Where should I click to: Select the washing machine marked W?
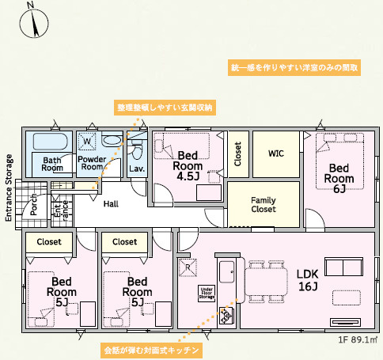coord(87,142)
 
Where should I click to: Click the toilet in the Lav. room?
coord(136,150)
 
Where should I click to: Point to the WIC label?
coord(275,153)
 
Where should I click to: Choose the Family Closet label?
coord(263,205)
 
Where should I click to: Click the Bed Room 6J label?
coord(339,178)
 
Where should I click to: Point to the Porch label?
coord(34,205)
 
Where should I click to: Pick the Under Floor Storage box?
coord(205,294)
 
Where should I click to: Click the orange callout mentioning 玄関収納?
coord(165,107)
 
